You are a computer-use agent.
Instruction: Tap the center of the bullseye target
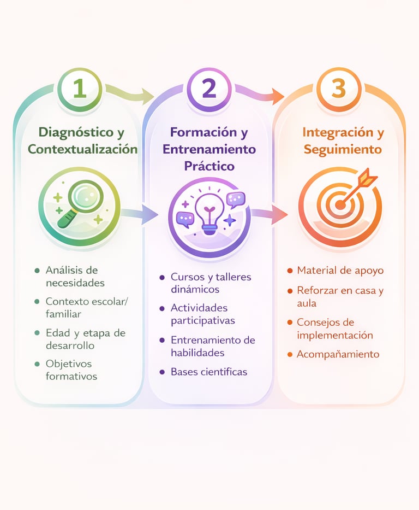(340, 205)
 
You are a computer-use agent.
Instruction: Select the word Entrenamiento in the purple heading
(209, 149)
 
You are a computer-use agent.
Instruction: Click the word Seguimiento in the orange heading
(343, 149)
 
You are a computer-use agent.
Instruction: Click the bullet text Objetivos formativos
(71, 370)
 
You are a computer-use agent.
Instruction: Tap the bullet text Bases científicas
(208, 372)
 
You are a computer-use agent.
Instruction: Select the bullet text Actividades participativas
(202, 314)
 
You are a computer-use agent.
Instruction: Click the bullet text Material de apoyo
(340, 271)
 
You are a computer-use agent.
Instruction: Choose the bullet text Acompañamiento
(338, 354)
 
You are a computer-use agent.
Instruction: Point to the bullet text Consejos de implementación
(334, 329)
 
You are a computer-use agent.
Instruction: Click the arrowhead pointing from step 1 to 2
(148, 97)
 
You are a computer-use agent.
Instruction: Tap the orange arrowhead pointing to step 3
(278, 97)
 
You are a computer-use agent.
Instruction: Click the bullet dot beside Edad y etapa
(37, 332)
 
